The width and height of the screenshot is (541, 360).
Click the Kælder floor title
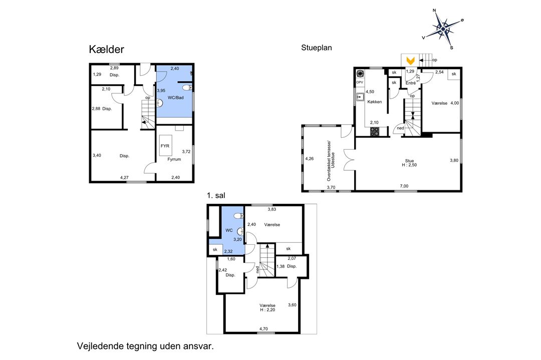106,49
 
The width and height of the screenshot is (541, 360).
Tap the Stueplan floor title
317,48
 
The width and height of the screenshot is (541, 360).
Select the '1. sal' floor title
216,195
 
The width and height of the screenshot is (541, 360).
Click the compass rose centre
443,30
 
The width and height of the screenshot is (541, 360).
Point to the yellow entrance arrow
410,61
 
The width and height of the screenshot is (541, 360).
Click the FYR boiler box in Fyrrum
165,146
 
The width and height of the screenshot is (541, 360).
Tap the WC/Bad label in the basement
176,98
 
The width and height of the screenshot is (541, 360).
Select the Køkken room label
375,102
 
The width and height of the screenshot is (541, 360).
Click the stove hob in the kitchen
375,131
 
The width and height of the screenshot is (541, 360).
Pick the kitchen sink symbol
360,97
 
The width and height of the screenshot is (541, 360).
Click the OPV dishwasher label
360,83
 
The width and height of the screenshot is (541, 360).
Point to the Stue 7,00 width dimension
404,186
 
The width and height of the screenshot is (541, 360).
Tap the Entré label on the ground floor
411,83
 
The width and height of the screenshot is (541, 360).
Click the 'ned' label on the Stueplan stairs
400,128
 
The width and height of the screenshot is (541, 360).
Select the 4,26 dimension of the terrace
310,159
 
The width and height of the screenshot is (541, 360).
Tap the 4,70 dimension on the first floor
263,329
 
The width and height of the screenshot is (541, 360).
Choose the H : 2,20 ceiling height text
267,310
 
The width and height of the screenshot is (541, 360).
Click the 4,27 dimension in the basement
124,178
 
